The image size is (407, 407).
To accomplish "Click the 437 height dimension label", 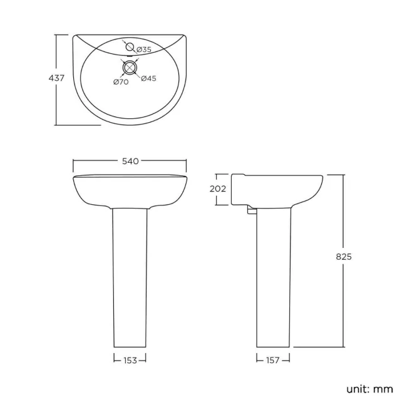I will click(56, 79).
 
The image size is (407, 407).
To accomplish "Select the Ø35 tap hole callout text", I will click(145, 49).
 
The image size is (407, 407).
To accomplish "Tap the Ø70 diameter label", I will click(121, 82).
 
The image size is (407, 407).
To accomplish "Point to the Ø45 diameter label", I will click(148, 79).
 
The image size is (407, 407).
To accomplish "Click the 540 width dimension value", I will click(130, 162).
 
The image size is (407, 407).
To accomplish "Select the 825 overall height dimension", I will click(344, 257).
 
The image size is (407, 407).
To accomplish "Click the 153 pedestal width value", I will click(130, 360).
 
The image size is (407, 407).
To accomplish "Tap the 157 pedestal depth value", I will click(273, 360).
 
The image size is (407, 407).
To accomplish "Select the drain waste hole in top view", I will click(130, 67).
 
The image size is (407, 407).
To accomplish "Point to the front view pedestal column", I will click(130, 276).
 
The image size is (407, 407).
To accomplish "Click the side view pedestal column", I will click(274, 276).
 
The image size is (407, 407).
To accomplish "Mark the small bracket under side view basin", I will click(252, 212).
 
